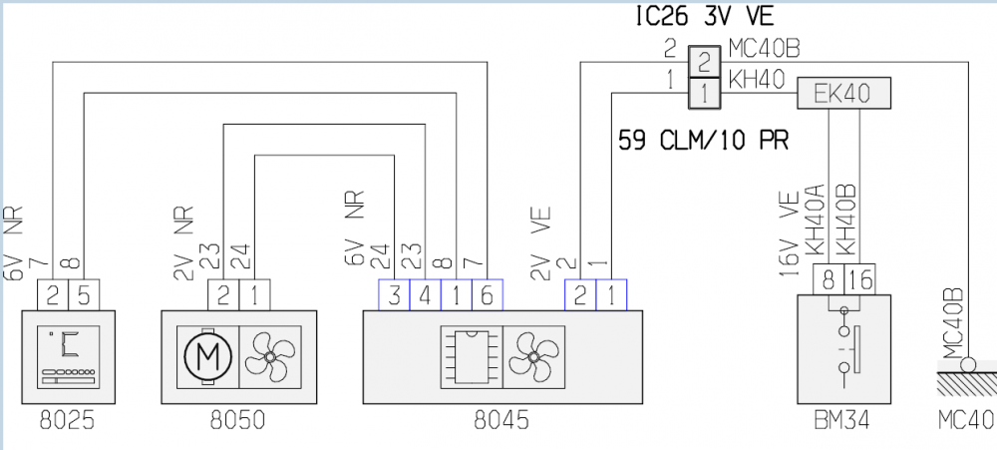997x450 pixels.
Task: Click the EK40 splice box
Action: (x=842, y=94)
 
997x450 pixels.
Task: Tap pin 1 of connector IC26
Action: (x=704, y=94)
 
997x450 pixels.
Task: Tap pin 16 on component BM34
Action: (x=859, y=281)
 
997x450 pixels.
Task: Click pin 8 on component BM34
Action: (x=830, y=281)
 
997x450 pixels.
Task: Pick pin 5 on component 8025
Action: (x=83, y=294)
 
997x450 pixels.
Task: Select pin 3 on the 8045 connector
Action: (x=395, y=294)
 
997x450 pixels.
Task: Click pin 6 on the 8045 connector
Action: (x=487, y=294)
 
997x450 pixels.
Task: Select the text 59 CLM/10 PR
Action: (x=703, y=139)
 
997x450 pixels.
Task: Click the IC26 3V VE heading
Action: (x=704, y=16)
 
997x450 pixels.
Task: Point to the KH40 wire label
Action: (x=756, y=80)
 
